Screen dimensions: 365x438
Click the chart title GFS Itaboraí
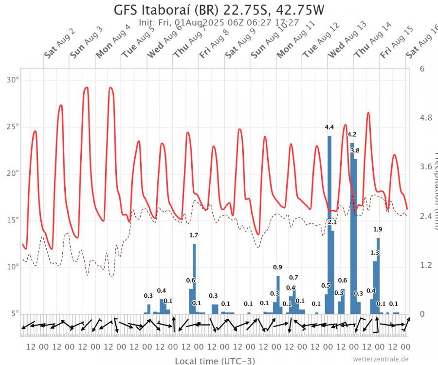pyautogui.click(x=219, y=10)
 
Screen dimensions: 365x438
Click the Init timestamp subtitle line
pyautogui.click(x=219, y=22)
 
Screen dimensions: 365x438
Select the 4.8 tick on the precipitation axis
pyautogui.click(x=426, y=118)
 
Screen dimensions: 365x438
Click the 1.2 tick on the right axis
pyautogui.click(x=426, y=265)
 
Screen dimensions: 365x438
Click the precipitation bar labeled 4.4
pyautogui.click(x=329, y=224)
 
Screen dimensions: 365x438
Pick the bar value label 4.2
pyautogui.click(x=352, y=135)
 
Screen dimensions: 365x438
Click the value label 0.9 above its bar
pyautogui.click(x=277, y=267)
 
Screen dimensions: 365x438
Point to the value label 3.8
pyautogui.click(x=355, y=151)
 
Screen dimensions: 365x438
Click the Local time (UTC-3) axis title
pyautogui.click(x=215, y=361)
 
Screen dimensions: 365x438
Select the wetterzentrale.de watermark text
pyautogui.click(x=381, y=359)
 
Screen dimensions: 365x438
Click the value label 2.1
pyautogui.click(x=332, y=222)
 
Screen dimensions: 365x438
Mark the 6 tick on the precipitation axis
pyautogui.click(x=422, y=69)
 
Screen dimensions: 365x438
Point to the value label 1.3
pyautogui.click(x=374, y=253)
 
